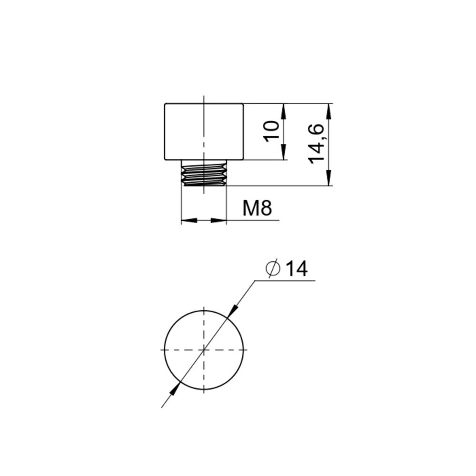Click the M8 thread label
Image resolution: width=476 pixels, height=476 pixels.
tap(257, 208)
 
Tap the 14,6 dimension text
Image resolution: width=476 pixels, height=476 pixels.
tap(316, 144)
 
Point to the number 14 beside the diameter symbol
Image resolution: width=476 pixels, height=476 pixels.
tap(296, 268)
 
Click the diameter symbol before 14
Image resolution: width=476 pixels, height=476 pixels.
tap(272, 268)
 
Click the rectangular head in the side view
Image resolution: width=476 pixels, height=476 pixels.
tap(204, 131)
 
